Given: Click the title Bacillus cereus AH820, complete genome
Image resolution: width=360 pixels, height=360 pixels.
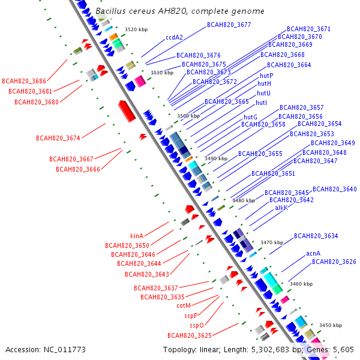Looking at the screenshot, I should coord(180,11).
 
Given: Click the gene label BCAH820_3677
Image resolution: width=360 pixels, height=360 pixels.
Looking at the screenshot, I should coord(229,25).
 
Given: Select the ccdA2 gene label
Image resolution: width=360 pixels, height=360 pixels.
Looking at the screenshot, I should coord(174,37).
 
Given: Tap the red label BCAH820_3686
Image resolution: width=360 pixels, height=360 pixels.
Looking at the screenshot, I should coord(24,80).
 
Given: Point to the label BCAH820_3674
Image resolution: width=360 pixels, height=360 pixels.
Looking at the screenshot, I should coord(58,138).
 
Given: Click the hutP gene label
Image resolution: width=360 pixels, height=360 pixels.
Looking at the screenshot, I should coord(266,76).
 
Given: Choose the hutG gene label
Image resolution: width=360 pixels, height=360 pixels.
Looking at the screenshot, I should coord(250,117).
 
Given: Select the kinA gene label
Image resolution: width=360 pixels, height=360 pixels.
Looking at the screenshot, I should coord(137,236).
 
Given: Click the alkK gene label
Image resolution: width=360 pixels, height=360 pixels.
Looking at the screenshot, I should coord(281,208).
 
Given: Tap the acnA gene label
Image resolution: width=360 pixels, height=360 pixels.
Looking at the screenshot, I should coord(313,253).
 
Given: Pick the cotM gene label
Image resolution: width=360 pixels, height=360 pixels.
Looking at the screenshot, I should coord(184,305).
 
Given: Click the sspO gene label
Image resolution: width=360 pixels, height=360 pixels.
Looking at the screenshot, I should coord(197,325).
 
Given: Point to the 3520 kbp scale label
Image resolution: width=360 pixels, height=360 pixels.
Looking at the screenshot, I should coord(136,29).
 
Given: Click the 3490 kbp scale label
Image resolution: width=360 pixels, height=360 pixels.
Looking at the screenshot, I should coord(216,158).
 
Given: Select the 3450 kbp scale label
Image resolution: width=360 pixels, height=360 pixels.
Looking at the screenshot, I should coord(330,325).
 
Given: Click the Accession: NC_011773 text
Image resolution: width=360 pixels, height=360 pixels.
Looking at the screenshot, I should coord(46,349).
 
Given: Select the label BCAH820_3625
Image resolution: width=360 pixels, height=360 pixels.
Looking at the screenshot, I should coord(190,335).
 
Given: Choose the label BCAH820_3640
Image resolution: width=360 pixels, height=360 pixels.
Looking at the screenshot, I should coord(334,189).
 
